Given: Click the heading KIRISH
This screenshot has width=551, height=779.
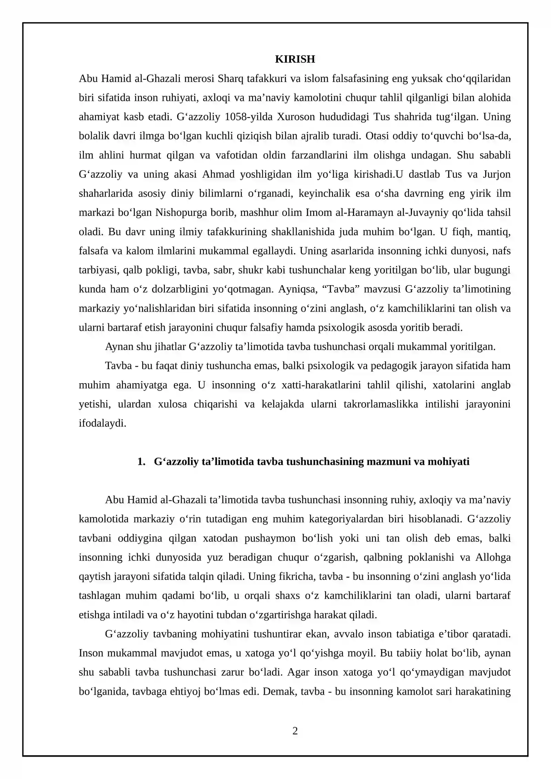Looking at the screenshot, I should tap(295, 59).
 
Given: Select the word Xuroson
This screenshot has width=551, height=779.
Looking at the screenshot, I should tap(296, 117).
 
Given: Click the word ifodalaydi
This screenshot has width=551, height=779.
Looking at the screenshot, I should tap(103, 423).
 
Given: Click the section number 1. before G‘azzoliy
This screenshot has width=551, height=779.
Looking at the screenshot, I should tap(141, 462).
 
